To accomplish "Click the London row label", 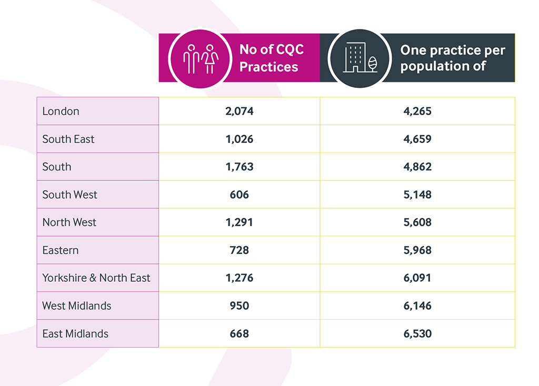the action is (x=61, y=111).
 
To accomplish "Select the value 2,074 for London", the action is (x=239, y=111).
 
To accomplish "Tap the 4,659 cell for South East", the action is (x=417, y=139).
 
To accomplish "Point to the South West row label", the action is (x=70, y=195).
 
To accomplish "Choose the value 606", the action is (x=239, y=195).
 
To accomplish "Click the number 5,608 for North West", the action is (x=417, y=222).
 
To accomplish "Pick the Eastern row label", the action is (x=61, y=250).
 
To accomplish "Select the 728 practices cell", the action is (x=239, y=250).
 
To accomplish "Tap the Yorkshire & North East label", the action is (x=96, y=278).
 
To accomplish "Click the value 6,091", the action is (x=417, y=278).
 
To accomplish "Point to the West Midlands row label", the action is (x=77, y=306).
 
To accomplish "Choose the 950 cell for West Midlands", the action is (x=239, y=306).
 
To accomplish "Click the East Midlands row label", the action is (x=75, y=334).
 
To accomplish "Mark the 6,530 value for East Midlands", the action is (x=417, y=334).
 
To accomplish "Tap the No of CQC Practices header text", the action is (x=272, y=58).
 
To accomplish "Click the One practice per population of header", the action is (x=453, y=58).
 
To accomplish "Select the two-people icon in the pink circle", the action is (x=201, y=59).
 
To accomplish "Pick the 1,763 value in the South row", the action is (x=239, y=167).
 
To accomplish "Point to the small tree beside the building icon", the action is (x=372, y=64).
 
